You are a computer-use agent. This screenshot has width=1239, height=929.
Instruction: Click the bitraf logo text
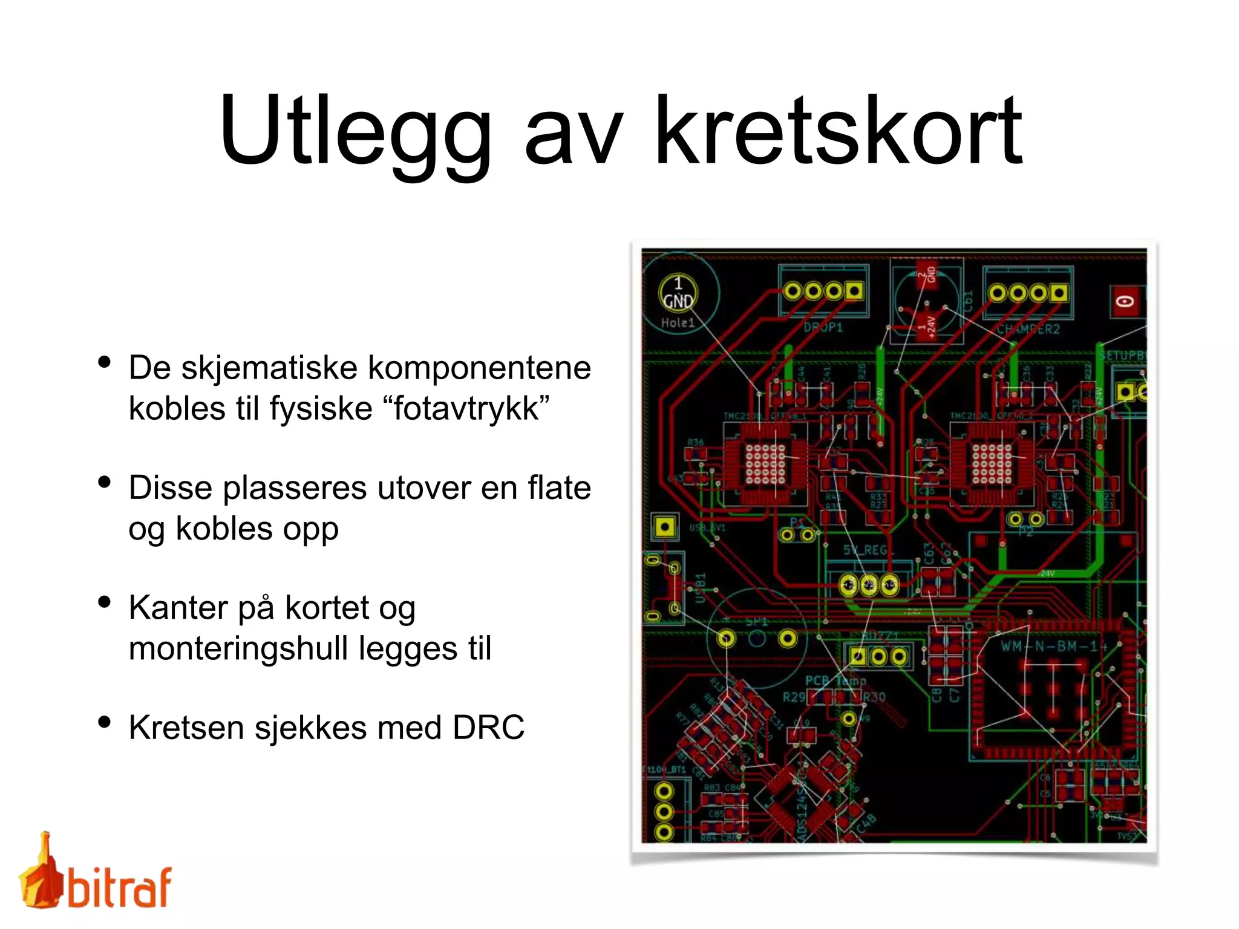[119, 887]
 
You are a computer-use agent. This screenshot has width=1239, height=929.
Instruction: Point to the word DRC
[488, 727]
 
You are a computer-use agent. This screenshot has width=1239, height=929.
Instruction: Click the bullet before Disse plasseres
[105, 482]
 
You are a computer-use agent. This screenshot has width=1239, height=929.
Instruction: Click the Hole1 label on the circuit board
[678, 323]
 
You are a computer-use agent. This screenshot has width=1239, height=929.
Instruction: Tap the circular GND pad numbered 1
[678, 293]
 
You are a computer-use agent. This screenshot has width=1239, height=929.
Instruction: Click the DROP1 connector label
[823, 327]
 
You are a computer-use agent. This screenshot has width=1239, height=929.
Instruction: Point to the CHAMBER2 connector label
[1028, 329]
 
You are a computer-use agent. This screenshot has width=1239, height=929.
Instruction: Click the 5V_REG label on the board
[867, 550]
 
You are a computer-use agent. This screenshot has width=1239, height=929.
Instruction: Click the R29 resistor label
[794, 697]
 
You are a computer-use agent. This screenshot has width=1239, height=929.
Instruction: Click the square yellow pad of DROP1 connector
[854, 292]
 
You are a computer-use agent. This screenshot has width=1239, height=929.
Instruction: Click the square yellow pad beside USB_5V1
[664, 527]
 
